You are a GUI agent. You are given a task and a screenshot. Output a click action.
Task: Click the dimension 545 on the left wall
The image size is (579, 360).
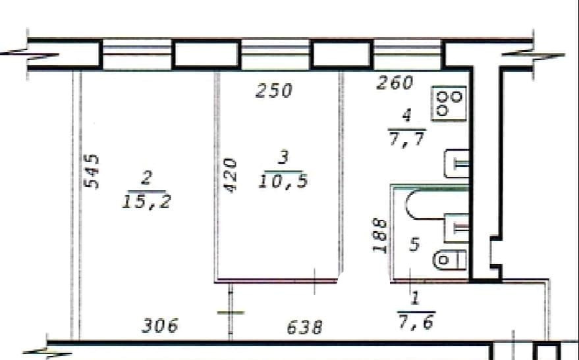tap(92, 171)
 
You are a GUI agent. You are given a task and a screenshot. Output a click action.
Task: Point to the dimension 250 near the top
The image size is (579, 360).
tap(273, 90)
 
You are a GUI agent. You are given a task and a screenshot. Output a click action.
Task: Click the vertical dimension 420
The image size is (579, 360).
tap(229, 174)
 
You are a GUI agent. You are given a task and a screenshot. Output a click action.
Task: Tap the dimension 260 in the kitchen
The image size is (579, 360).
tap(395, 82)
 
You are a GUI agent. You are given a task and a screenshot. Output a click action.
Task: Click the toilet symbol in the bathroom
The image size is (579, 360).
tap(449, 259)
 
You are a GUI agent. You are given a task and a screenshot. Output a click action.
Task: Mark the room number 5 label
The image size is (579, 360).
tap(414, 245)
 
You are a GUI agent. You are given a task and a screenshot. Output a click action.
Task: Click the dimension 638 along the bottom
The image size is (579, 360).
tap(305, 326)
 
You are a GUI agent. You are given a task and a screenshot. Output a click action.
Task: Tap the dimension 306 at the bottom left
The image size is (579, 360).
tap(160, 325)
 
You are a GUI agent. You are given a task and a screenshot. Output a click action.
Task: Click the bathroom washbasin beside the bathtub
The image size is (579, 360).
tap(456, 227)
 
